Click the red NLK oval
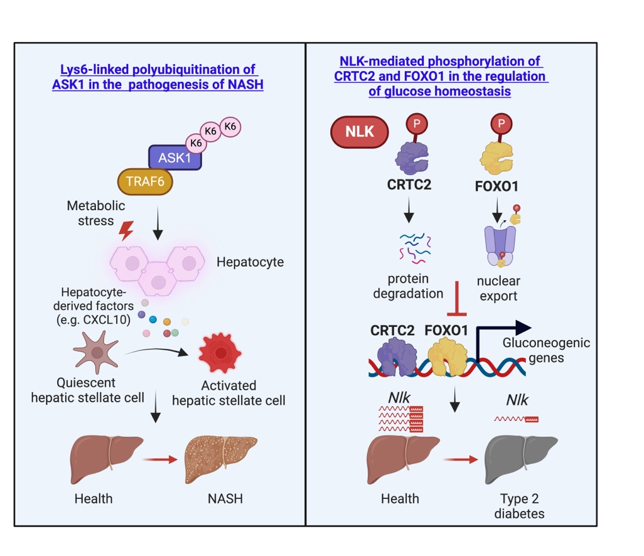pyautogui.click(x=360, y=132)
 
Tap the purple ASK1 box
pyautogui.click(x=174, y=158)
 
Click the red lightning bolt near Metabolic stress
pyautogui.click(x=126, y=232)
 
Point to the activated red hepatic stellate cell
pyautogui.click(x=220, y=354)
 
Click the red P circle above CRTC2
pyautogui.click(x=415, y=124)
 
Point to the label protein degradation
pyautogui.click(x=408, y=287)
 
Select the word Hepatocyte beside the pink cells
pyautogui.click(x=250, y=262)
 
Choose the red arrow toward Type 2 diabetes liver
pyautogui.click(x=459, y=459)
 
